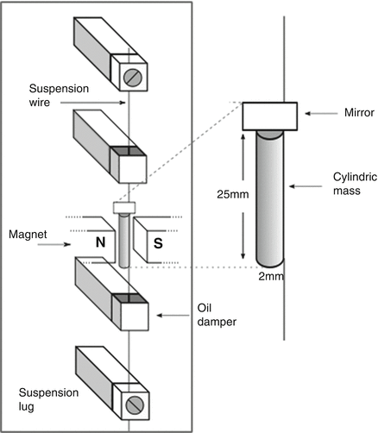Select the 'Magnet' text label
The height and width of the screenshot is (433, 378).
28,233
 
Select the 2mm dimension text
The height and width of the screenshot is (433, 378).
271,276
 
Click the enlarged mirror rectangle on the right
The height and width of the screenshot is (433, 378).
270,114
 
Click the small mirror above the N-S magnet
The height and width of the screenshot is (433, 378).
126,207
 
